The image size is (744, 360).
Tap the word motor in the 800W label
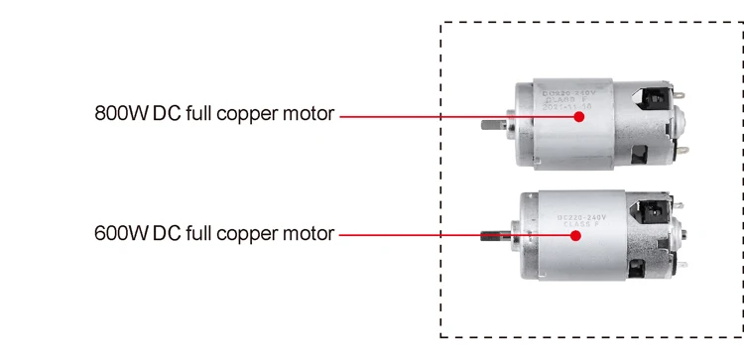307,113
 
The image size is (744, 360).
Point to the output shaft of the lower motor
490,236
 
